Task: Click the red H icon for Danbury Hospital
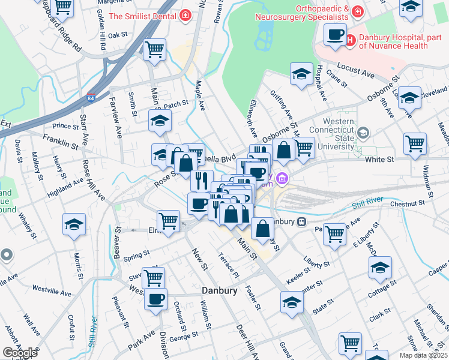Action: tap(351, 40)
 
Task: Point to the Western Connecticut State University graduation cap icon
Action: tap(363, 133)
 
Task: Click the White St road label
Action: tap(381, 160)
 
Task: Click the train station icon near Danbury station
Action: tap(303, 221)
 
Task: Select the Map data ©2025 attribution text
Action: tap(423, 355)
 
